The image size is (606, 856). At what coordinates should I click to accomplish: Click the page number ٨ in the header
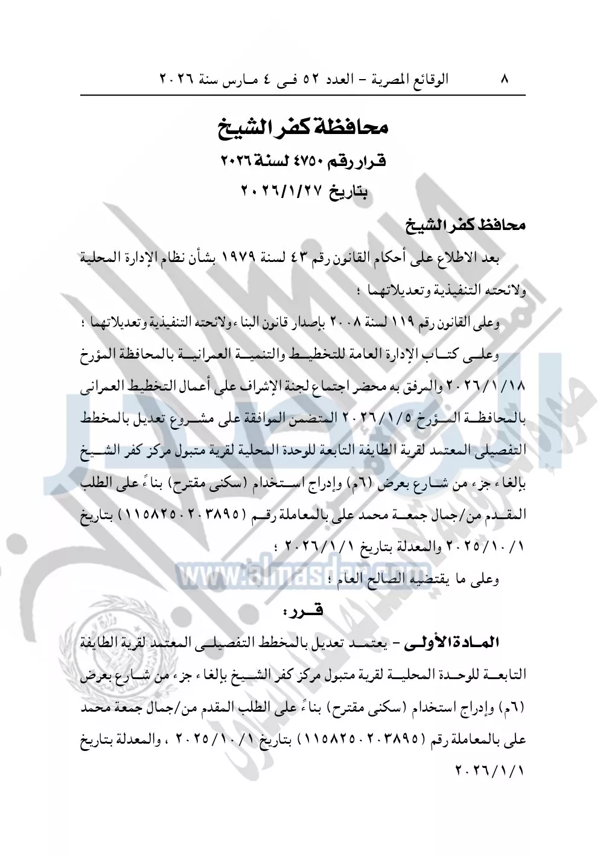tap(505, 78)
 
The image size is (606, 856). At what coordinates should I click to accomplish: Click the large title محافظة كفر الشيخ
tap(302, 127)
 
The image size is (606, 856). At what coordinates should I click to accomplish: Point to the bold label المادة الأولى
tap(445, 644)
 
